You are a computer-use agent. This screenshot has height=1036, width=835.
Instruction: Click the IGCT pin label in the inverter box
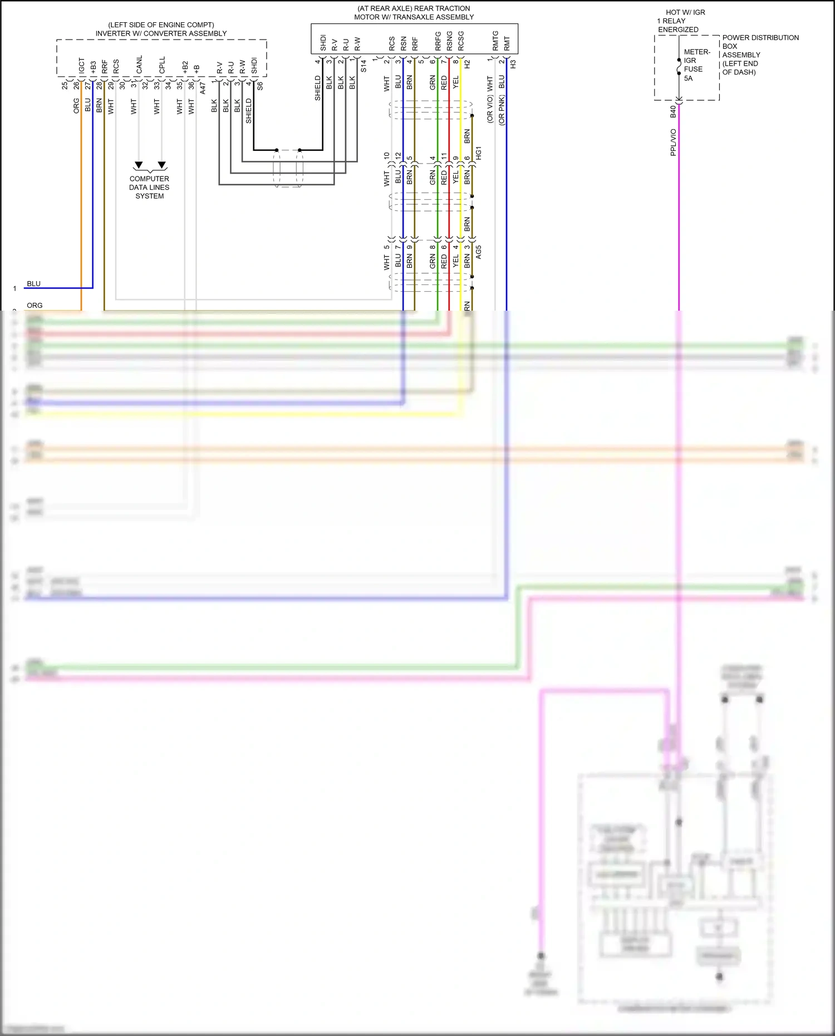click(x=82, y=66)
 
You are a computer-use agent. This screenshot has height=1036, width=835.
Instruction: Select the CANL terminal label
click(x=139, y=65)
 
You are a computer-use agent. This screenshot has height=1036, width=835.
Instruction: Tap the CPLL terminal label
click(x=162, y=65)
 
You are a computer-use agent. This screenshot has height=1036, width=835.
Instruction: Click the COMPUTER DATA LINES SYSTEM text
click(x=149, y=188)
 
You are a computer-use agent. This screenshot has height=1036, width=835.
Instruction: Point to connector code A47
click(x=203, y=88)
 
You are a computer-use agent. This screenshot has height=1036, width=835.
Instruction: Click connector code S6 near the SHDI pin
click(x=260, y=86)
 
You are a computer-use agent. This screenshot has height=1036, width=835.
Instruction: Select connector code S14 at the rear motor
click(x=364, y=66)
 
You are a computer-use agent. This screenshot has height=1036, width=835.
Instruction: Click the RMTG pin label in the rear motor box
click(x=495, y=41)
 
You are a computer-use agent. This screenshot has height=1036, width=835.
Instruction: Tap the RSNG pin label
click(x=449, y=41)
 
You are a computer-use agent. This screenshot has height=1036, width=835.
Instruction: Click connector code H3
click(x=513, y=64)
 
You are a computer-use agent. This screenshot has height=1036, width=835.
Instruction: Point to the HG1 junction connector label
click(x=478, y=154)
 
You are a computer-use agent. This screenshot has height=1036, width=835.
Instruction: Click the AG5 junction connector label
click(x=478, y=252)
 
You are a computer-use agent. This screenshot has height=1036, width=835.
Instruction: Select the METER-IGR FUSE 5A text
click(x=696, y=65)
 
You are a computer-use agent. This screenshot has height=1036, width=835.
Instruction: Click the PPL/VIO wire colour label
click(x=673, y=143)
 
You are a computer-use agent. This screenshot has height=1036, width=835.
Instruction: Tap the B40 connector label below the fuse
click(x=673, y=111)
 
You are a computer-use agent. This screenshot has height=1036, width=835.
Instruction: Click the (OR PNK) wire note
click(x=502, y=110)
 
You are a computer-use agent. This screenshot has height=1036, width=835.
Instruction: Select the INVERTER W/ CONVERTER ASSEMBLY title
click(x=161, y=33)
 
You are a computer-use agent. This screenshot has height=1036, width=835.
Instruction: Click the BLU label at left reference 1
click(x=33, y=283)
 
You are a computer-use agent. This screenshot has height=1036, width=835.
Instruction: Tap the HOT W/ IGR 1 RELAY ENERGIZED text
click(x=682, y=21)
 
